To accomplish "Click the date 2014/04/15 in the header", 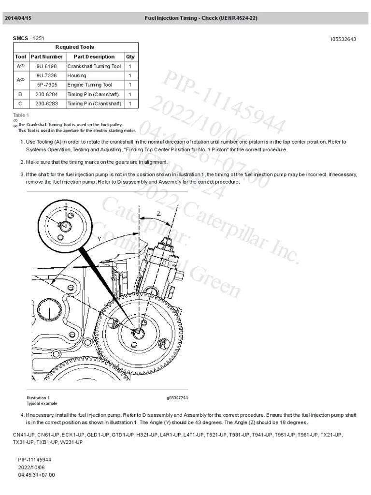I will pyautogui.click(x=18, y=18).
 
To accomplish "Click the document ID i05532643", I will pyautogui.click(x=343, y=39).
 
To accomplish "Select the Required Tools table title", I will pyautogui.click(x=75, y=47).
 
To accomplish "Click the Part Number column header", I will pyautogui.click(x=46, y=57).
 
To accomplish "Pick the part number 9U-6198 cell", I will pyautogui.click(x=46, y=66).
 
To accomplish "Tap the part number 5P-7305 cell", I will pyautogui.click(x=46, y=85).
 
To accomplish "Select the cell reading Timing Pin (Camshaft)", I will pyautogui.click(x=93, y=94).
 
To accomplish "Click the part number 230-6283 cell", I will pyautogui.click(x=46, y=103).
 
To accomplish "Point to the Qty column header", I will pyautogui.click(x=130, y=57).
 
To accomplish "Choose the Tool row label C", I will pyautogui.click(x=20, y=103).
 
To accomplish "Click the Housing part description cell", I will pyautogui.click(x=77, y=75).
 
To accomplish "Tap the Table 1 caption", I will pyautogui.click(x=21, y=115).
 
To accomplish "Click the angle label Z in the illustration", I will pyautogui.click(x=158, y=214).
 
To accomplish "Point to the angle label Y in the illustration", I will pyautogui.click(x=99, y=239).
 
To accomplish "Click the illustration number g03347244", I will pyautogui.click(x=177, y=397).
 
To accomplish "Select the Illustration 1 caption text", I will pyautogui.click(x=38, y=397).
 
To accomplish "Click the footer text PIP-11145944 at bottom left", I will pyautogui.click(x=35, y=459).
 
